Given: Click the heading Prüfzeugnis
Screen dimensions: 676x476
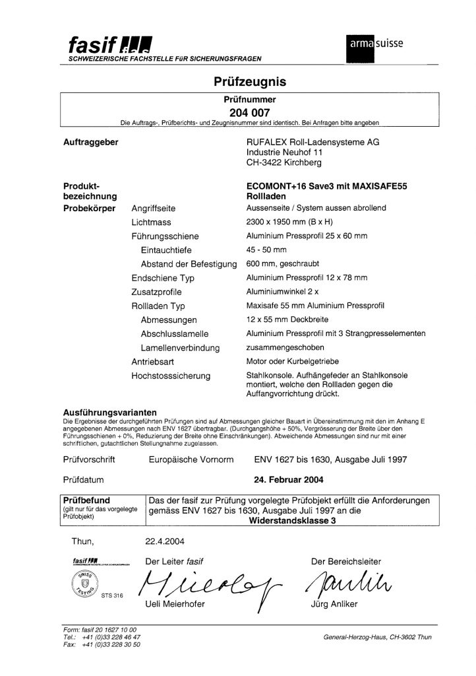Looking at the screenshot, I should click(250, 82).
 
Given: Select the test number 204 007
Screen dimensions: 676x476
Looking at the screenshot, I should click(250, 112).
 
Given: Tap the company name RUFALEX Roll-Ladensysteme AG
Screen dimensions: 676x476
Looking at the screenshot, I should click(312, 142).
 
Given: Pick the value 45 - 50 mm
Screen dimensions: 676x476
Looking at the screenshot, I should click(266, 250).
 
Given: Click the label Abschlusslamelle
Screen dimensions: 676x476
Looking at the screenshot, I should click(175, 334).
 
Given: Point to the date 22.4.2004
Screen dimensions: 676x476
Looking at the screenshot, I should click(165, 542).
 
